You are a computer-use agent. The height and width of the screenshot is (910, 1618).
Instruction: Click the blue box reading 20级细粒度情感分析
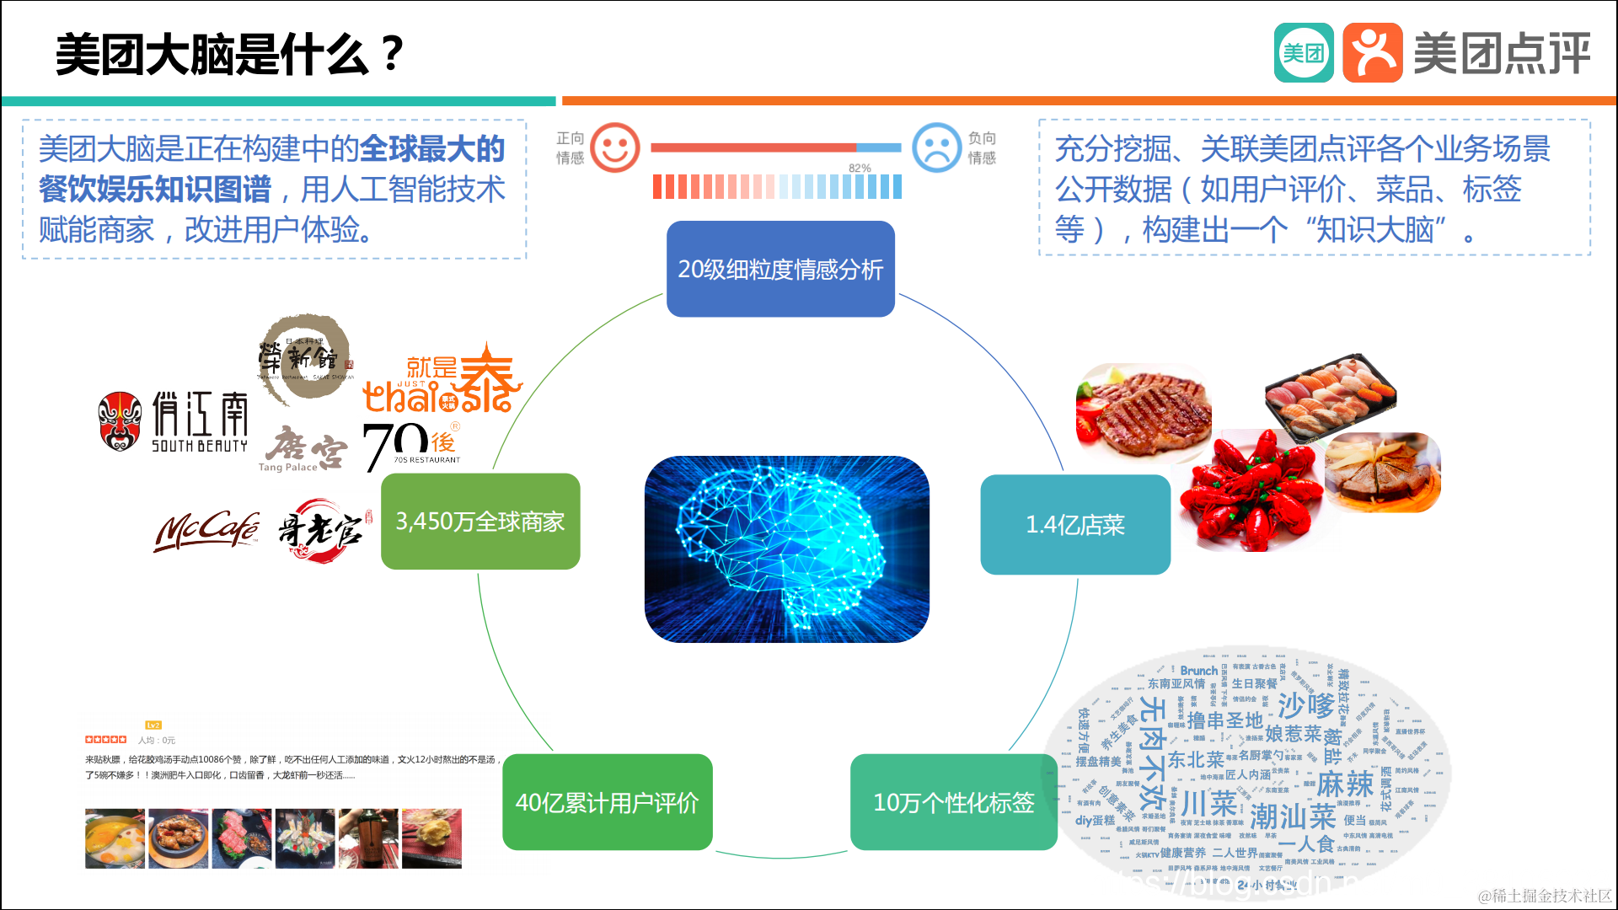pos(780,269)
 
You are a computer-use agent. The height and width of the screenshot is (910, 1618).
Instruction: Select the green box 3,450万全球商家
pos(480,522)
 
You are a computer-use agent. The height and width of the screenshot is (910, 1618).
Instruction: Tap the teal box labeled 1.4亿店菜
pos(1075,525)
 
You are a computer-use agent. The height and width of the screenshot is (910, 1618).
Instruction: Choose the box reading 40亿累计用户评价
pos(607,802)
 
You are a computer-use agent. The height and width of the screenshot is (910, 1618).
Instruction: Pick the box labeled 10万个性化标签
pos(953,802)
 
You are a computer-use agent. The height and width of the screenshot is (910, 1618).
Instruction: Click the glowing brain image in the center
pos(786,549)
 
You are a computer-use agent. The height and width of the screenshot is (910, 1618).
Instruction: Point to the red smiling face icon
pos(614,147)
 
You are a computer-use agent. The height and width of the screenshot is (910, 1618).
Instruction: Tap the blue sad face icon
pos(936,147)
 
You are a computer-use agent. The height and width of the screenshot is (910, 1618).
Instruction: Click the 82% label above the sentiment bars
pos(860,168)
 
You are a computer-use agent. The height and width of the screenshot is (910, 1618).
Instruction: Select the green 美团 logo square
pos(1303,53)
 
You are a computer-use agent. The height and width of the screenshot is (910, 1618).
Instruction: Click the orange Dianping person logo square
pos(1372,53)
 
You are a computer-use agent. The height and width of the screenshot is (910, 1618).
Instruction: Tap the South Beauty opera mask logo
pos(120,420)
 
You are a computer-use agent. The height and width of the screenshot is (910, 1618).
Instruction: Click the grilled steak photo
pos(1144,412)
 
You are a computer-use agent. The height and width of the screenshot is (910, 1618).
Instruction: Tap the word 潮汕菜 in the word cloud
pos(1293,816)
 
